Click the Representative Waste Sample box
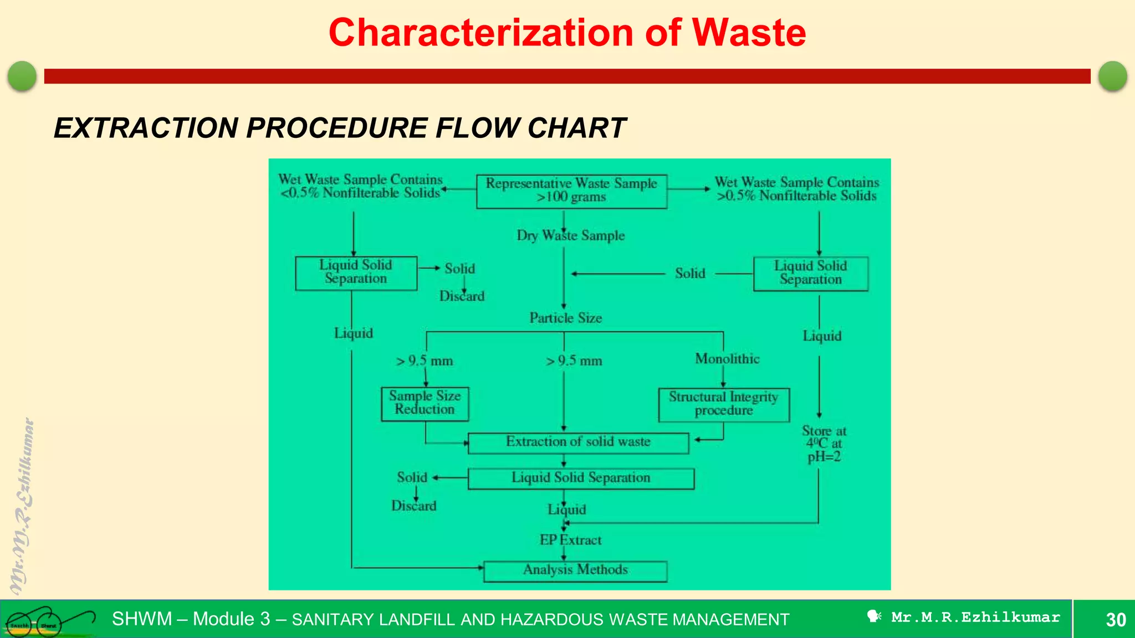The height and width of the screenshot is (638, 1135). point(571,191)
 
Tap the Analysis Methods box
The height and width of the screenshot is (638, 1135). point(575,570)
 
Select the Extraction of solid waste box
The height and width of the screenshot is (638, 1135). point(578,443)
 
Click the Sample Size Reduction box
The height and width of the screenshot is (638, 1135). point(425,403)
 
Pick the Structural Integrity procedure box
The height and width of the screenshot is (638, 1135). point(723,404)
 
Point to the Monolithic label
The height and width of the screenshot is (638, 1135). point(727,359)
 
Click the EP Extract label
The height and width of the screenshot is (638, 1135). point(570,540)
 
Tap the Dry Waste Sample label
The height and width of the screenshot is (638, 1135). point(570,236)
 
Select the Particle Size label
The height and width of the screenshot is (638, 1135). point(565,318)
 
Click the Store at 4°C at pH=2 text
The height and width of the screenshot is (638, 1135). point(824,444)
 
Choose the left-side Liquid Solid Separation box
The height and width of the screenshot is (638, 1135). point(356,272)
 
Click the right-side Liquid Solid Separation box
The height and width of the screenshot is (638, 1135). point(810,273)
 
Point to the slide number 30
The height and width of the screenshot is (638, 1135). point(1115,620)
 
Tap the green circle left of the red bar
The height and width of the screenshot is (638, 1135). point(22,76)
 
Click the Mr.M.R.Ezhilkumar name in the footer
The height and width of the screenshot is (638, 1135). point(975,618)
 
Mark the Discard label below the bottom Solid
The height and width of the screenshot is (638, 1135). point(413,506)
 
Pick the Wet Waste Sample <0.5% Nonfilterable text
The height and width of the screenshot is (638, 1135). point(360,186)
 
